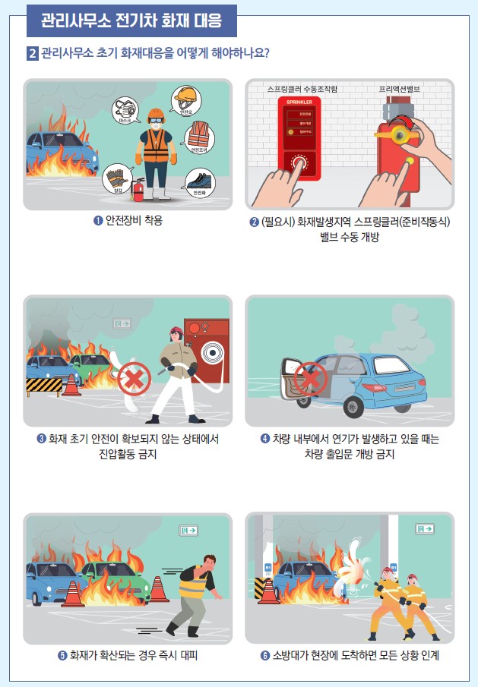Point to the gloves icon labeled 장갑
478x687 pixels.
pyautogui.click(x=116, y=178)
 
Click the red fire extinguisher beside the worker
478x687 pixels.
pyautogui.click(x=139, y=189)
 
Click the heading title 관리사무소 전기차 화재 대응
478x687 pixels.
pyautogui.click(x=131, y=21)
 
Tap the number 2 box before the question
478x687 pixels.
pyautogui.click(x=32, y=54)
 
